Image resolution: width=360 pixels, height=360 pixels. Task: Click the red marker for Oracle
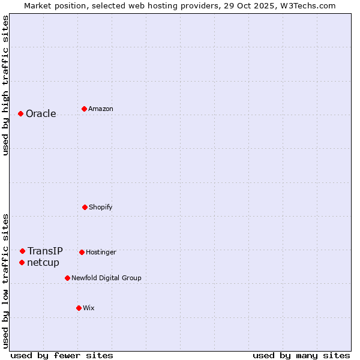click(x=20, y=113)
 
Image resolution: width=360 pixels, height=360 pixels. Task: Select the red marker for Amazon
click(x=84, y=109)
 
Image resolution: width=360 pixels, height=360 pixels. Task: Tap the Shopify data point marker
click(x=85, y=207)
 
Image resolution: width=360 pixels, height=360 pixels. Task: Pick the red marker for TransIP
click(x=22, y=251)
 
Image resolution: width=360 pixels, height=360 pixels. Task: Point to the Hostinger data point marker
click(x=82, y=252)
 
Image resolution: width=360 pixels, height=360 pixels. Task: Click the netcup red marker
click(x=22, y=262)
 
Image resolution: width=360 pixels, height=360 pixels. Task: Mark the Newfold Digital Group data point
click(x=67, y=278)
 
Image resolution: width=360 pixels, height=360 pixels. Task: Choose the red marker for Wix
click(x=79, y=308)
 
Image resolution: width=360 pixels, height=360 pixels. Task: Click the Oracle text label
click(x=41, y=114)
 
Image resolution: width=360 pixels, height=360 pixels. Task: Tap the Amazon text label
click(x=101, y=109)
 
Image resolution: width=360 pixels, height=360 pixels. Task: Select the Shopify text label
click(x=101, y=207)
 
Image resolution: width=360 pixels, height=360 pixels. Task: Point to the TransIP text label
click(x=45, y=251)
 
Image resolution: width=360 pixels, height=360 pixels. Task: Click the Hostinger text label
click(x=101, y=252)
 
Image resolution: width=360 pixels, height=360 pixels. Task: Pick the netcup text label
click(x=43, y=262)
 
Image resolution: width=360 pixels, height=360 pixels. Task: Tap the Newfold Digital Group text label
click(x=106, y=278)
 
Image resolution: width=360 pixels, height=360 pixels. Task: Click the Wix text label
click(x=89, y=308)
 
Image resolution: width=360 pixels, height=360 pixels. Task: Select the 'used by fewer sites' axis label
click(x=62, y=355)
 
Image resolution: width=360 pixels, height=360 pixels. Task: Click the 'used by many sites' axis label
click(x=301, y=355)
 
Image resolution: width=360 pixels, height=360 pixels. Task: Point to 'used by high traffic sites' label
click(x=5, y=85)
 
